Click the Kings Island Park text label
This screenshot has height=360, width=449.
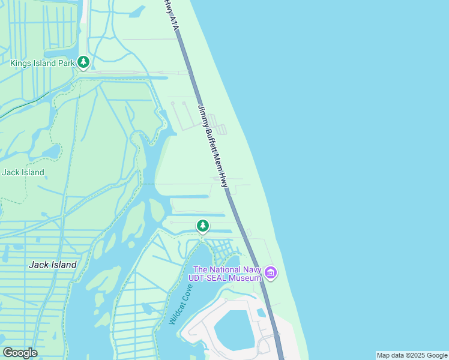(x=42, y=62)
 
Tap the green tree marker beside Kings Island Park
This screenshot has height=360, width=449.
(x=83, y=62)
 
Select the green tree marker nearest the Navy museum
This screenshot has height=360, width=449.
(x=203, y=226)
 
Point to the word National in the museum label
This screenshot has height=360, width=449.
(x=226, y=268)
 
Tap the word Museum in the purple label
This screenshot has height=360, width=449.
(x=247, y=277)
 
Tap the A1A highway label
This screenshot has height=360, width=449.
(x=173, y=22)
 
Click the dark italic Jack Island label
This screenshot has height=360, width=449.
(x=53, y=265)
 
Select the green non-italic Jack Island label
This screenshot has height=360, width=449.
(x=23, y=172)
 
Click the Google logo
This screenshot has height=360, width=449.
(x=20, y=353)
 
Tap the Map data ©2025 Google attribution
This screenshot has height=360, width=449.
(x=412, y=355)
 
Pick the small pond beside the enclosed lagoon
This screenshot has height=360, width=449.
(x=261, y=313)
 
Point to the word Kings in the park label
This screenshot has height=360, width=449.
(x=22, y=62)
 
